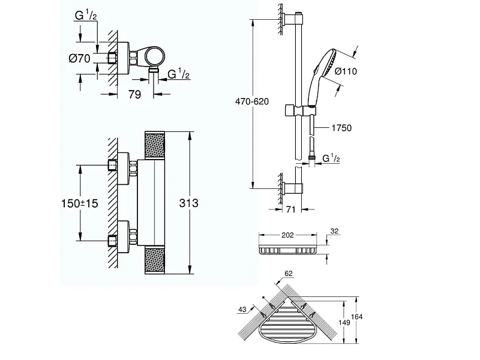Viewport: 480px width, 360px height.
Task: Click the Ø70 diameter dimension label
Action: point(80,58)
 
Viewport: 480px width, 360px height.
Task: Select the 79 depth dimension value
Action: point(134,95)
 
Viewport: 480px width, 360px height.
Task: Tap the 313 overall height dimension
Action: point(188,203)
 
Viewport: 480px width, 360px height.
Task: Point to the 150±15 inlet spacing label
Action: point(80,203)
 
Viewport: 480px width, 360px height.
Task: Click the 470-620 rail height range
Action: point(252,101)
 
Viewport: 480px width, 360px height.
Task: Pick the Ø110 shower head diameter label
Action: point(346,71)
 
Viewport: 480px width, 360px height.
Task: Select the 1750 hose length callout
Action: point(341,128)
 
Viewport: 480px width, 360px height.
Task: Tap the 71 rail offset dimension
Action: point(291,209)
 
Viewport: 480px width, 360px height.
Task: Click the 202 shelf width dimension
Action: point(287,235)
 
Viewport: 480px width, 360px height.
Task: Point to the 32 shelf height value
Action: point(335,231)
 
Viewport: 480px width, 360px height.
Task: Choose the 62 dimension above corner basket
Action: point(289,274)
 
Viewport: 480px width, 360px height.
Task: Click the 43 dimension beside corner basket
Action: point(242,310)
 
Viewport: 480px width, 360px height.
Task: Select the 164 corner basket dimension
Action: point(356,317)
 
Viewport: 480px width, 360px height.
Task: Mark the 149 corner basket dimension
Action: point(344,322)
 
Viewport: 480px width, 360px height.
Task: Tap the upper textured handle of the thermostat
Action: point(154,145)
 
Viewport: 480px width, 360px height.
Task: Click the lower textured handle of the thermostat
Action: point(154,260)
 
